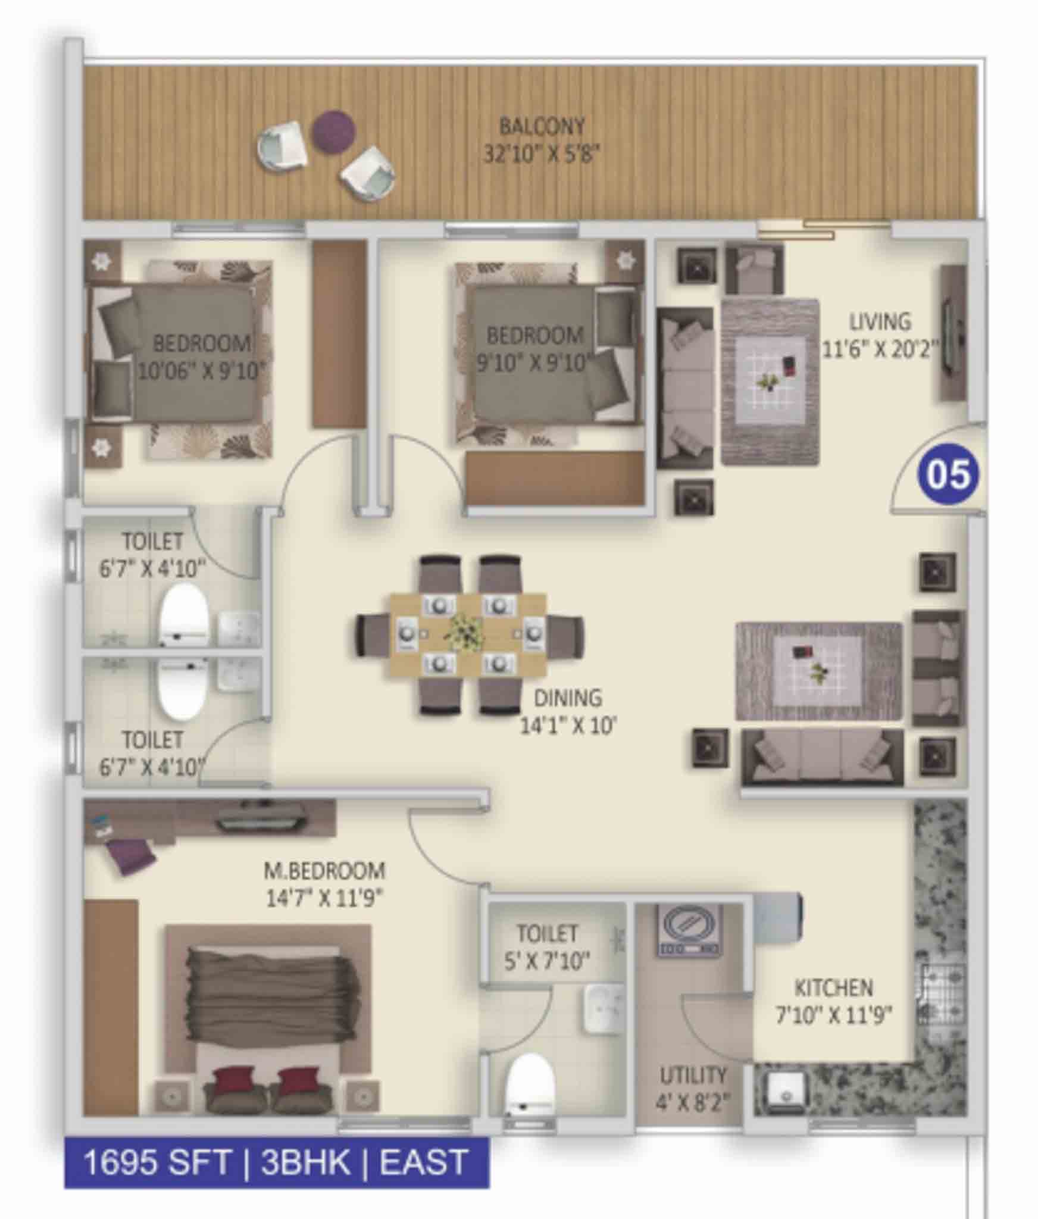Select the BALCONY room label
tap(542, 126)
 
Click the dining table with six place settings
tap(468, 634)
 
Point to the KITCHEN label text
tap(833, 988)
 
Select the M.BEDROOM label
tap(324, 871)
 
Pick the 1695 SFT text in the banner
tap(157, 1162)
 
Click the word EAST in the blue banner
tap(423, 1162)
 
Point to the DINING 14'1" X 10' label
tap(568, 711)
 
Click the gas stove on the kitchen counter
tap(943, 995)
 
